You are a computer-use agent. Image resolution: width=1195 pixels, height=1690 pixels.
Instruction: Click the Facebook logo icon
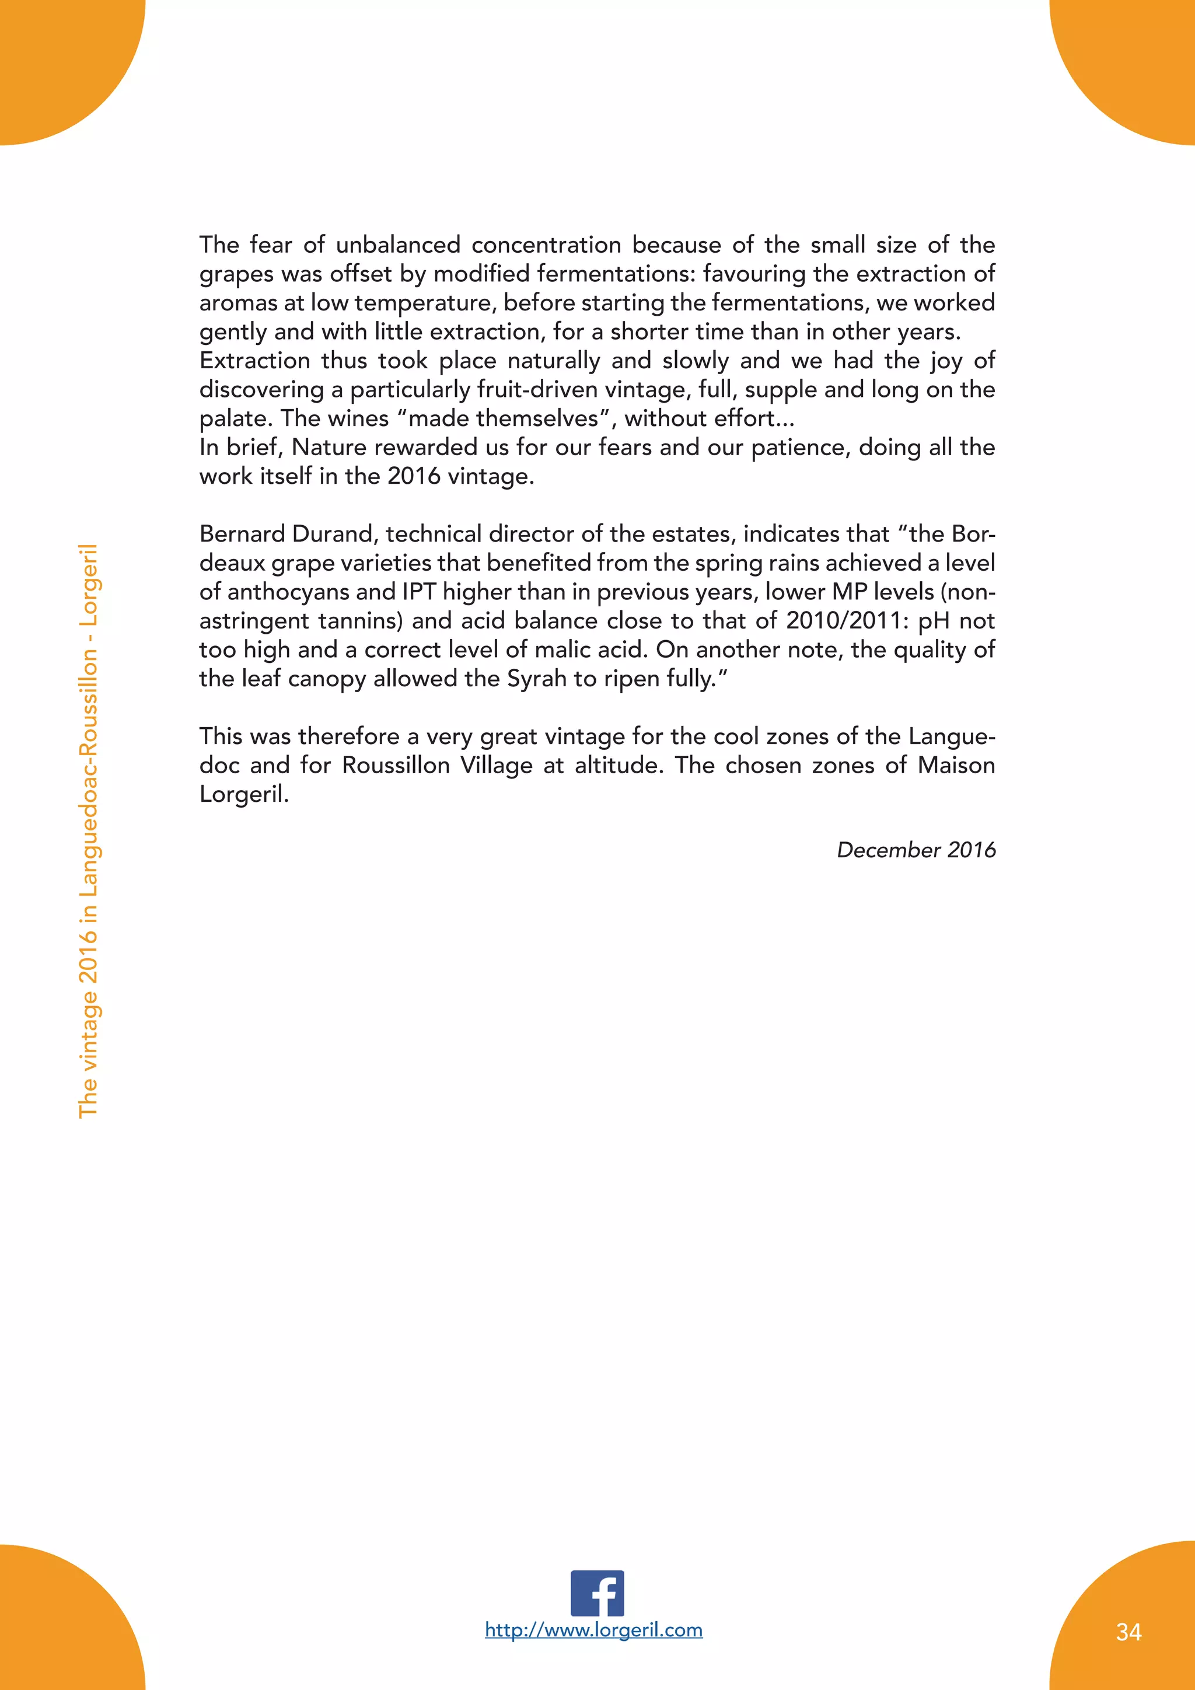pyautogui.click(x=597, y=1594)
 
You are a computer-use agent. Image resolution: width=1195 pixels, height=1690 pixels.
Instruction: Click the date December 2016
pyautogui.click(x=916, y=850)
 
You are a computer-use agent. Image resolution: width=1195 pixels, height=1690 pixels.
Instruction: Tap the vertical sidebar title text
pyautogui.click(x=88, y=831)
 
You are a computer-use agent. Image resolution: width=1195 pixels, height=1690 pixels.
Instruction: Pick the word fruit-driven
pyautogui.click(x=536, y=389)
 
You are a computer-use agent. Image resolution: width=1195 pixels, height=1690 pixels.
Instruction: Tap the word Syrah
pyautogui.click(x=537, y=679)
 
